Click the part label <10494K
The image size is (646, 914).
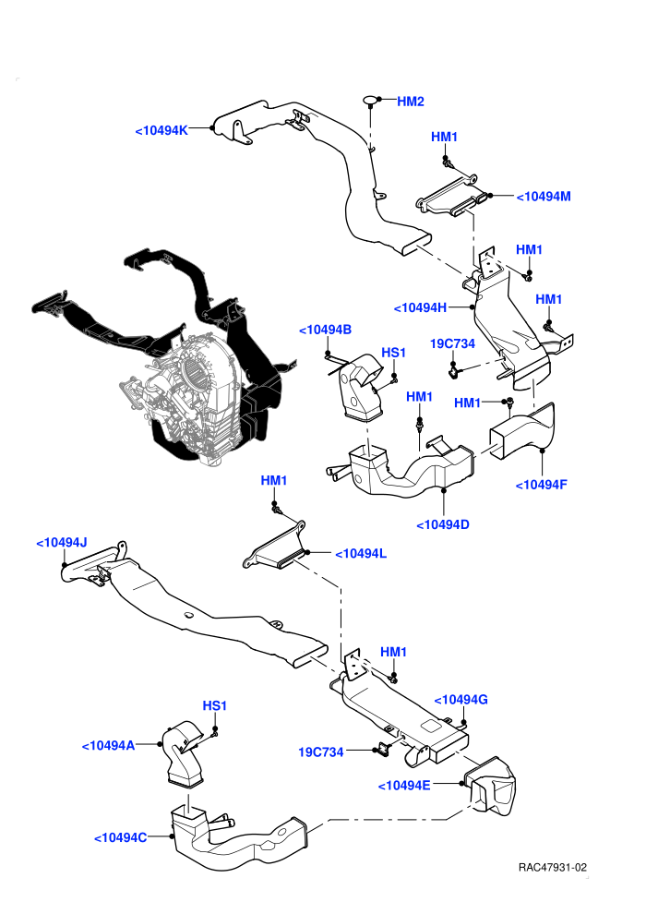point(161,130)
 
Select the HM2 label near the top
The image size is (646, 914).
point(411,102)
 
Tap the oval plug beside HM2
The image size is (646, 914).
point(370,101)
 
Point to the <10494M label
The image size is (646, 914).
point(544,197)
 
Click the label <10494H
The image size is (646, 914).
point(421,307)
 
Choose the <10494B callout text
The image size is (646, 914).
point(325,330)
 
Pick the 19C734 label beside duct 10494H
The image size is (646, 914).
point(452,344)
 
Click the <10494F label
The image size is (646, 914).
point(541,485)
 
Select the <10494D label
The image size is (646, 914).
point(443,524)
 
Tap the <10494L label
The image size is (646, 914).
point(361,553)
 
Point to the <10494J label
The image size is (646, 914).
point(62,543)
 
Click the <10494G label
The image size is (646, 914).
point(461,700)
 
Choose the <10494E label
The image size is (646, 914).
point(404,786)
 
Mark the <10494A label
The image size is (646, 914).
point(108,746)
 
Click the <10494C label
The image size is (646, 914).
point(121,837)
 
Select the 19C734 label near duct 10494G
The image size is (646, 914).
point(321,752)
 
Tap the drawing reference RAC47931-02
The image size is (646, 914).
point(552,868)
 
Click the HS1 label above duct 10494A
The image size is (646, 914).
point(214,706)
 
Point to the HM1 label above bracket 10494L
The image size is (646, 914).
point(274,481)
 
